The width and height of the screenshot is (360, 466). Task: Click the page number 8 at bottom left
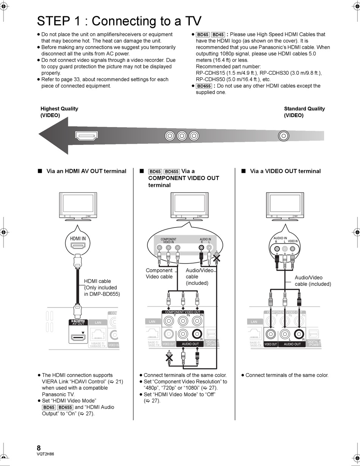39,447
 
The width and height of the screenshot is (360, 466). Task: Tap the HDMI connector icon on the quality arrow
87,136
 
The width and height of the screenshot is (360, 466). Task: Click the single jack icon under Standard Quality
283,136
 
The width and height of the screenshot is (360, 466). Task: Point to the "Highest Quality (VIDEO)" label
59,112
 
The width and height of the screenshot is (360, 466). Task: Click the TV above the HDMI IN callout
77,205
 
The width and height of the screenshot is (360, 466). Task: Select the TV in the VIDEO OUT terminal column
285,205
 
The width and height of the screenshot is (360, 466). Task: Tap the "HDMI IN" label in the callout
78,238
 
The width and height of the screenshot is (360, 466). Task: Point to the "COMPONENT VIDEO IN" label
168,240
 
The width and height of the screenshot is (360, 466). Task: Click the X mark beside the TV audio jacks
217,259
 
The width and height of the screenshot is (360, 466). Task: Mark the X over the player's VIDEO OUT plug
169,356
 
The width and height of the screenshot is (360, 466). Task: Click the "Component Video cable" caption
159,273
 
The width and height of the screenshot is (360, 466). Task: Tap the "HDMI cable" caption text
97,281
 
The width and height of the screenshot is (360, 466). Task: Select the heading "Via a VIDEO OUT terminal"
285,171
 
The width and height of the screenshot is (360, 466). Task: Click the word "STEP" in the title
52,21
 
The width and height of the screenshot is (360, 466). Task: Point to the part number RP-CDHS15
211,73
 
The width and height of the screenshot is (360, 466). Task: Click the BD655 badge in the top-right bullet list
204,86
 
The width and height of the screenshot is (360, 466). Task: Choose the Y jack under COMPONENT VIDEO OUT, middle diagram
169,321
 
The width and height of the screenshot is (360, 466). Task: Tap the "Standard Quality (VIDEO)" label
304,112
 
